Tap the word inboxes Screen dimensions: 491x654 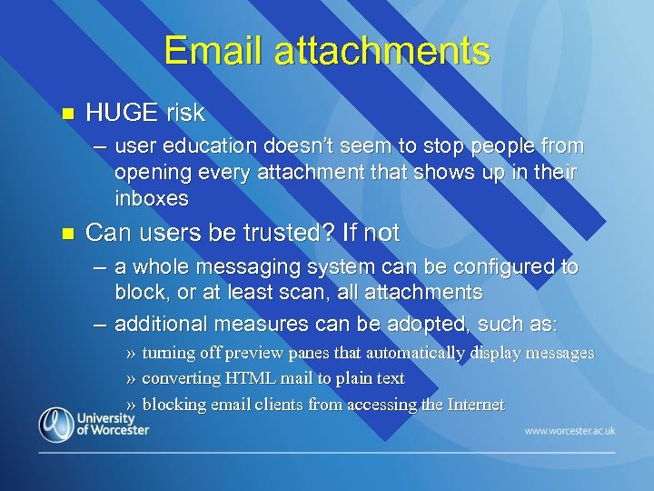click(152, 198)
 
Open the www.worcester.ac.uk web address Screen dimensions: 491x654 click(570, 430)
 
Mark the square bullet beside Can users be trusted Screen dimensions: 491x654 click(64, 234)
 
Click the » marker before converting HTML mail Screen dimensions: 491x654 click(132, 378)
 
